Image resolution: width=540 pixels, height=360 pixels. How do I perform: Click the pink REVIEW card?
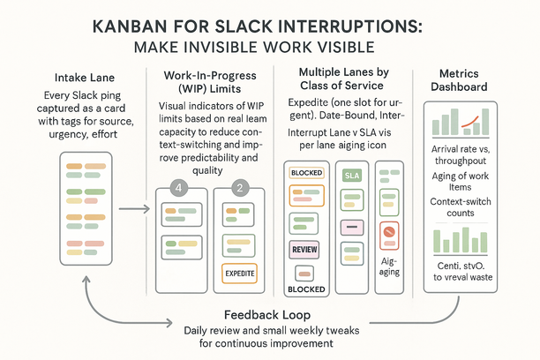coord(304,250)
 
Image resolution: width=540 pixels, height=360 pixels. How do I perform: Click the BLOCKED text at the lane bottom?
coord(305,289)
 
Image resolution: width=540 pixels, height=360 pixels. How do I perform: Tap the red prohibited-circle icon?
coord(388,232)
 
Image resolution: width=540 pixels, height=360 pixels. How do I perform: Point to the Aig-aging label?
coord(388,266)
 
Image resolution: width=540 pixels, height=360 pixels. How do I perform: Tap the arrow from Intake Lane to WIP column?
coord(132,210)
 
